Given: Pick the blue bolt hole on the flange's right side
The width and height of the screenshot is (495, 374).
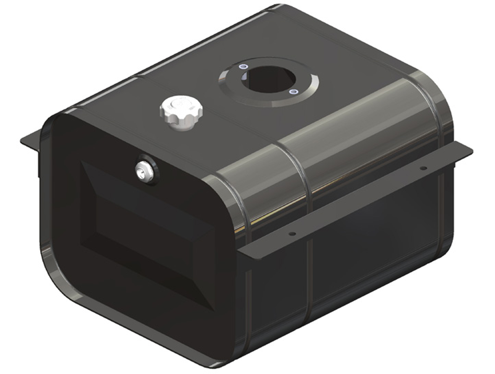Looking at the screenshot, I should click(293, 92).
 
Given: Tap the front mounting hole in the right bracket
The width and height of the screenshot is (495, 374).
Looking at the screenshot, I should click(292, 234).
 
